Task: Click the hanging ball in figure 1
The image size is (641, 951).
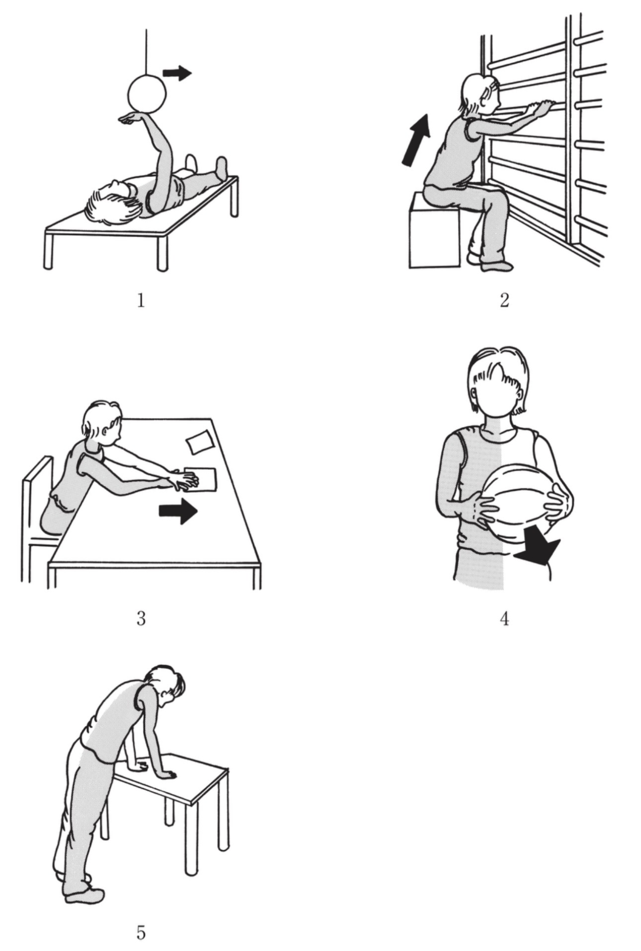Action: pos(147,92)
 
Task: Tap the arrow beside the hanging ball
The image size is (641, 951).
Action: pos(177,73)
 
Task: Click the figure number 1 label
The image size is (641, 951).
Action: pos(141,300)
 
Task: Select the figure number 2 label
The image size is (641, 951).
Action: pos(504,300)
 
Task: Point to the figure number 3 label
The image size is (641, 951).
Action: pos(141,619)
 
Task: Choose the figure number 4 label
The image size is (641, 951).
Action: pos(504,619)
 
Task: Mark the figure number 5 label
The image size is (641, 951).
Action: pos(141,933)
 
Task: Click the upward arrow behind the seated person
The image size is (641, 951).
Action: pos(416,139)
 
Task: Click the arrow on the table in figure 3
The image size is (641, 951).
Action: pos(178,512)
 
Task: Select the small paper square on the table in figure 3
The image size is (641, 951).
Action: pos(199,442)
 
